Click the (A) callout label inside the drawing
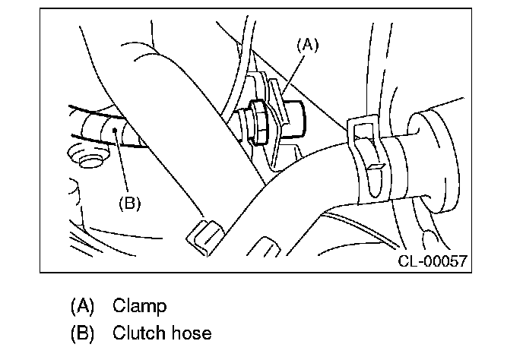click(306, 45)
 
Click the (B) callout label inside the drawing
click(130, 203)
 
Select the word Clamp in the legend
click(139, 306)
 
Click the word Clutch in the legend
click(138, 333)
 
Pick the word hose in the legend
click(190, 333)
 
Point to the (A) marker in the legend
click(81, 306)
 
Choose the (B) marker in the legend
click(81, 333)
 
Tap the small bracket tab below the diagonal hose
click(203, 235)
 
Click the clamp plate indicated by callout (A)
click(279, 114)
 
